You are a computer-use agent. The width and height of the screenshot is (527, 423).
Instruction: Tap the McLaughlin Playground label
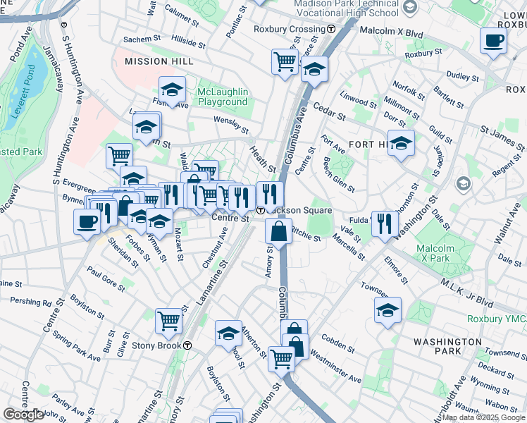point(223,97)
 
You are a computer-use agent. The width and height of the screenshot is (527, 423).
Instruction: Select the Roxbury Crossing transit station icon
point(331,29)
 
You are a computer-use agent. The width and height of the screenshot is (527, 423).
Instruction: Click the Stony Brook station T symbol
point(188,345)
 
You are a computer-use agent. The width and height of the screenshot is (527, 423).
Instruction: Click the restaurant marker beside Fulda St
point(384,224)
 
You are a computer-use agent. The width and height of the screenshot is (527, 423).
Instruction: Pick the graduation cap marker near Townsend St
point(387,310)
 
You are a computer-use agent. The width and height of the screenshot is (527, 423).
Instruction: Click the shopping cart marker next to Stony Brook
point(169,321)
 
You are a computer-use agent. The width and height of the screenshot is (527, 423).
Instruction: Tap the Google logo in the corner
point(23,415)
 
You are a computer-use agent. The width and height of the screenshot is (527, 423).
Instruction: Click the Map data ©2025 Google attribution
point(483,417)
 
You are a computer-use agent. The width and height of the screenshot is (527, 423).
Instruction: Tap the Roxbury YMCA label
point(497,319)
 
